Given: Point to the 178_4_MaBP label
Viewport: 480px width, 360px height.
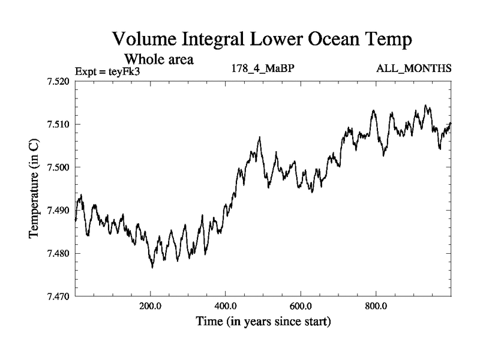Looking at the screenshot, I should [x=262, y=69].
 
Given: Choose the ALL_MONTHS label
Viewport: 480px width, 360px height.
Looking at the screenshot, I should [x=413, y=69].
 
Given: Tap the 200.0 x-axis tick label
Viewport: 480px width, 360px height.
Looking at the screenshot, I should [x=150, y=306].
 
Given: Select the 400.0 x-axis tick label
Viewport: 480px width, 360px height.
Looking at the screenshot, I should [x=226, y=306].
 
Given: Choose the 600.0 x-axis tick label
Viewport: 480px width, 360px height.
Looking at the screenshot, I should [x=301, y=306].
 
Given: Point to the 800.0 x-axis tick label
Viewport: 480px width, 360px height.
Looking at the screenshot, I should [x=376, y=306].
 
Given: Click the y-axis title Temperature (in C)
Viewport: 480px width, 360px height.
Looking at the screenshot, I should [x=35, y=188].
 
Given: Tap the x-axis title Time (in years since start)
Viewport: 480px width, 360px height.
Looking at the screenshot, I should [x=263, y=322].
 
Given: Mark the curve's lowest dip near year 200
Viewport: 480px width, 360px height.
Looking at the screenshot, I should [x=152, y=267].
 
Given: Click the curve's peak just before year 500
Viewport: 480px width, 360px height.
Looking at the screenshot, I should [x=259, y=137].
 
